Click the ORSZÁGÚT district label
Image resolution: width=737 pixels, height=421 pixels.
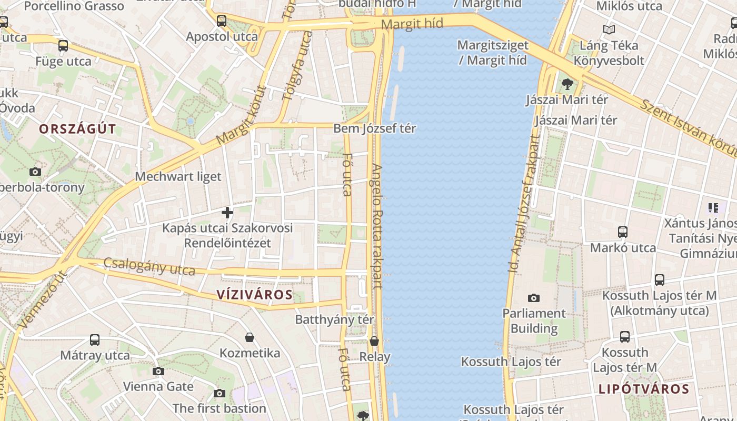[77, 129]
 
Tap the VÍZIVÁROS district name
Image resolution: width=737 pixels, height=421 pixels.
[255, 295]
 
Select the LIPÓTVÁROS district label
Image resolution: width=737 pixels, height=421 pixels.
[644, 389]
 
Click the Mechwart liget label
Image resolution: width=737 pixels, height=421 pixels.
[178, 176]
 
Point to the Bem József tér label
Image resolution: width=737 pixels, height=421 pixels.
[375, 128]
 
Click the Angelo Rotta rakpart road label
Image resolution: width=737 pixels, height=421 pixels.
[377, 226]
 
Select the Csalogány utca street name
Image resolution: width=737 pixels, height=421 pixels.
[149, 266]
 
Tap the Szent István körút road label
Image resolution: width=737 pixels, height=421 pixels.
[687, 126]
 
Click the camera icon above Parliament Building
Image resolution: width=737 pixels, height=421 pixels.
[534, 298]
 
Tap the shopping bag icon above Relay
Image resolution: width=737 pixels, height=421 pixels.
[374, 342]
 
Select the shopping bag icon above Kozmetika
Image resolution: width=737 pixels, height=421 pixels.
[250, 337]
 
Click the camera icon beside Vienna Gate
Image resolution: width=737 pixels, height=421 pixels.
[158, 372]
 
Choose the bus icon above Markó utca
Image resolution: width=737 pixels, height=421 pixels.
[623, 232]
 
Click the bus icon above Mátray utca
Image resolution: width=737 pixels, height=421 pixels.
[95, 340]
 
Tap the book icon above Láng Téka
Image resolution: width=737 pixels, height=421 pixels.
[609, 30]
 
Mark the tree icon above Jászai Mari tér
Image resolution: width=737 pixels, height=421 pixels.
[567, 84]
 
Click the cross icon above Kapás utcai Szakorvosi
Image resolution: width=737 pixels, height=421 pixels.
[227, 213]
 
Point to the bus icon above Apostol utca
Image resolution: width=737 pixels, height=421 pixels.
[222, 21]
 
